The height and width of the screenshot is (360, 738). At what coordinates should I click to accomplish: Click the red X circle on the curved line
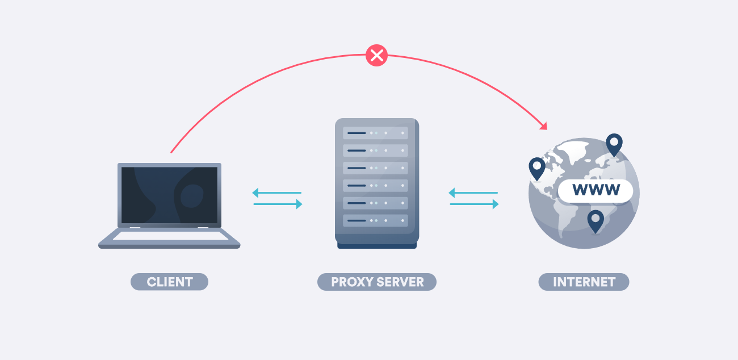tap(376, 56)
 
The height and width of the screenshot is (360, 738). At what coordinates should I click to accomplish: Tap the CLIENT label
tap(169, 282)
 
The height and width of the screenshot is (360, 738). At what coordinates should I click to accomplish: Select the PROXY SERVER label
tap(377, 282)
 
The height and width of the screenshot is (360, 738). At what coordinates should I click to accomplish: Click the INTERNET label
tap(584, 282)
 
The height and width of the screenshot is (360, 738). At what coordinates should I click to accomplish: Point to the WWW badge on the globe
tap(596, 190)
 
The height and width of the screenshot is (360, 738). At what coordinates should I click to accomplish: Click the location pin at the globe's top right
tap(614, 144)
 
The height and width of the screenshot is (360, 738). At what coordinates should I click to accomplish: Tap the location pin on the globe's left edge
tap(536, 168)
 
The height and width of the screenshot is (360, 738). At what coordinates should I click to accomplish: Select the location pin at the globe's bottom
tap(595, 220)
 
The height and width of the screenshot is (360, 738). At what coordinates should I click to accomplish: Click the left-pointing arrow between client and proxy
tap(276, 192)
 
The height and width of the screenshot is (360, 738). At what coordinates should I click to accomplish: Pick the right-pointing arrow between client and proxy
tap(278, 204)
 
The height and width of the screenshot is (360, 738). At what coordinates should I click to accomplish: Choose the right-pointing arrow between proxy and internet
tap(474, 204)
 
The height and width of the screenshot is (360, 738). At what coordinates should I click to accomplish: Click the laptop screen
tap(169, 195)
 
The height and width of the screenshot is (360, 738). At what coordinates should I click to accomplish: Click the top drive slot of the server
tap(375, 133)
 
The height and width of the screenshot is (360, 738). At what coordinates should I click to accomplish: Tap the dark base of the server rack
tap(377, 245)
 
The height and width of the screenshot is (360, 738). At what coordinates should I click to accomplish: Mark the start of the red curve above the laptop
tap(171, 152)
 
